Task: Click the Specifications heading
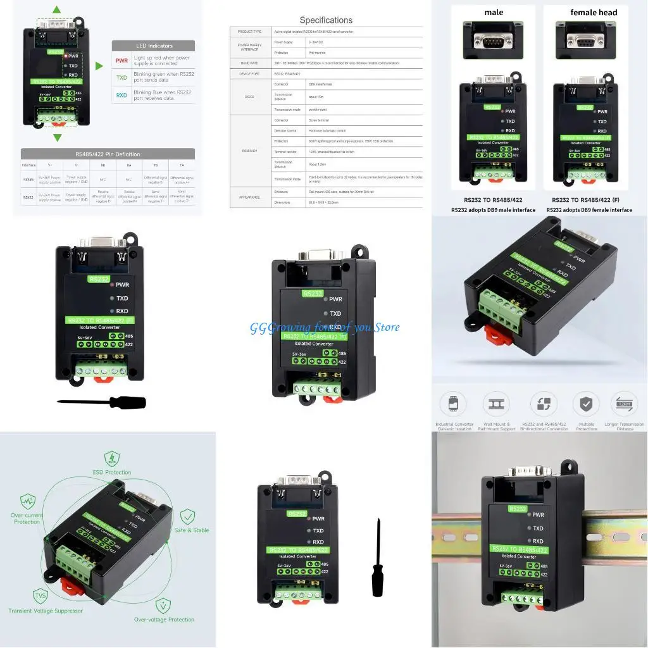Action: [326, 20]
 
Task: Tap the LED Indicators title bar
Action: [154, 46]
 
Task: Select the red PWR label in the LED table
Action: [121, 61]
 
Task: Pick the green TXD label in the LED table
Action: [121, 78]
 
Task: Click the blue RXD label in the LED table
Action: [121, 96]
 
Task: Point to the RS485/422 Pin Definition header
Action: [108, 154]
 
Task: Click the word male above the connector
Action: [494, 13]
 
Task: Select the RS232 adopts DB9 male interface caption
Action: [493, 210]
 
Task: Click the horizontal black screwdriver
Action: [101, 402]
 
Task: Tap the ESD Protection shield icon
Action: [112, 458]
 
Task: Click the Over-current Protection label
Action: [27, 518]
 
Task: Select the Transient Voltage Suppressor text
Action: [46, 611]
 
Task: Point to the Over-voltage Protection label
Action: [164, 620]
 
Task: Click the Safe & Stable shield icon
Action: [187, 516]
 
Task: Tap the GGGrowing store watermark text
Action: [325, 327]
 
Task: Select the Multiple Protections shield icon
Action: [586, 404]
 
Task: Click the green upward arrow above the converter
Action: [57, 10]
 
